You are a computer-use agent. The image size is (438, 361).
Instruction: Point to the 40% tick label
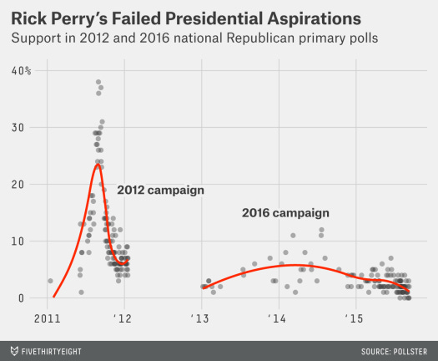point(21,71)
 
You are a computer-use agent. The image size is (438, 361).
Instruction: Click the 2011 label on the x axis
point(47,318)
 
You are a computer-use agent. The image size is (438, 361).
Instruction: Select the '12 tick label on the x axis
point(123,318)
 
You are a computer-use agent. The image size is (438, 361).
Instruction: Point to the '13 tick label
point(200,318)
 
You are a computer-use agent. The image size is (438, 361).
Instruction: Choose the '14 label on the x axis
point(277,318)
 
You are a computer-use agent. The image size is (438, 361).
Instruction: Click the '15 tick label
point(354,318)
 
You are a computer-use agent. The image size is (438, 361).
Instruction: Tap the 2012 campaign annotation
point(160,190)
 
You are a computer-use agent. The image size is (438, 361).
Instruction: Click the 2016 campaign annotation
point(284,213)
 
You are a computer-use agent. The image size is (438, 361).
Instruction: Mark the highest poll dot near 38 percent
point(98,82)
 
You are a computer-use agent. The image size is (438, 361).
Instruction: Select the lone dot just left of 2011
point(50,281)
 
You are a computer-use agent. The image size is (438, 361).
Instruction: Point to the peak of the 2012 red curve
point(98,164)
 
